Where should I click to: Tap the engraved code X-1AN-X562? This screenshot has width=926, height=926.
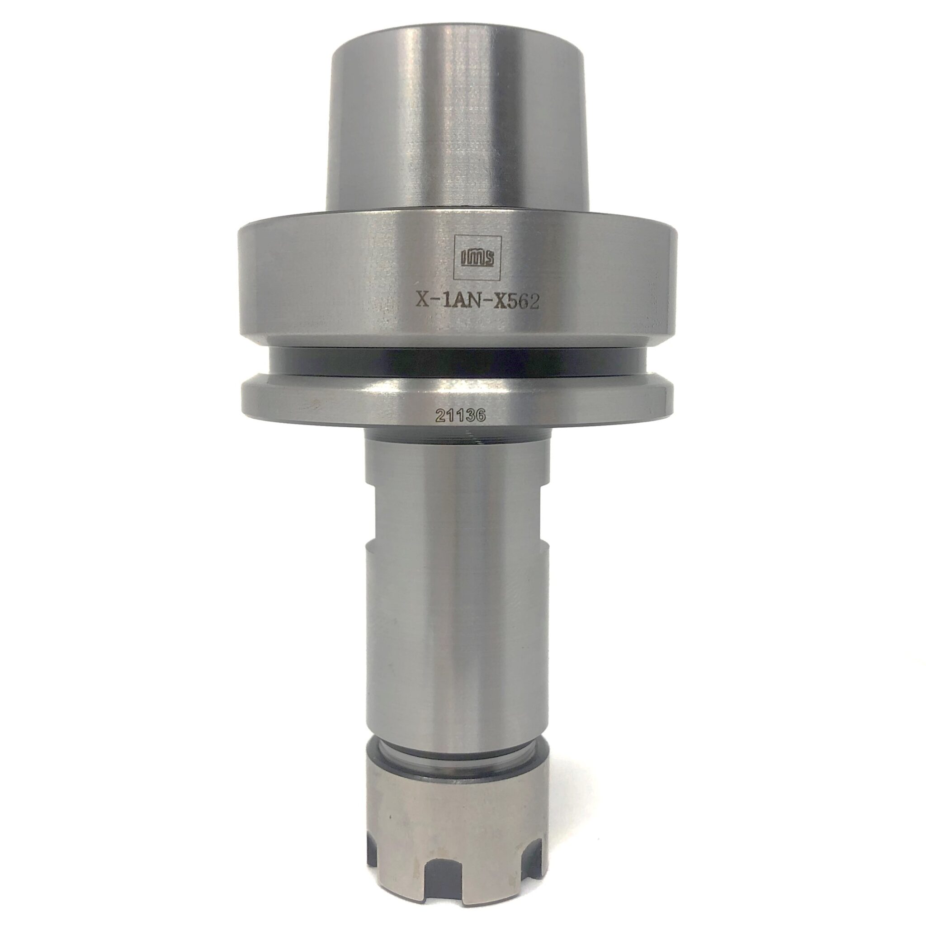[x=477, y=302]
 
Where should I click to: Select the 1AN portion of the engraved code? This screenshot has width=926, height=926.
[x=460, y=302]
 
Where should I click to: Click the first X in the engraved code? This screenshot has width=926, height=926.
[x=423, y=302]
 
